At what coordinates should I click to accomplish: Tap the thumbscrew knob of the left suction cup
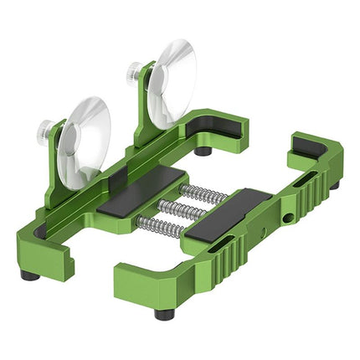(45, 129)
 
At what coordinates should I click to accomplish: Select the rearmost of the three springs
(203, 193)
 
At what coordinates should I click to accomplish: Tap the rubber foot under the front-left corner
(30, 275)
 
